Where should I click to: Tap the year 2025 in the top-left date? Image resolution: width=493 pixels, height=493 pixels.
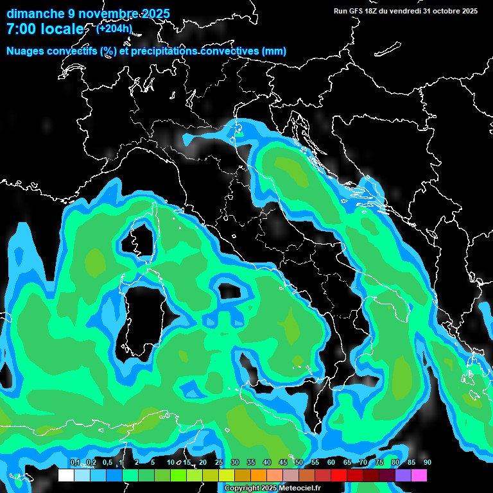[155, 13]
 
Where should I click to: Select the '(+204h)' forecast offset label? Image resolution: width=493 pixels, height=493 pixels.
[114, 28]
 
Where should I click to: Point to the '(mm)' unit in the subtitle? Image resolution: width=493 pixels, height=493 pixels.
[273, 51]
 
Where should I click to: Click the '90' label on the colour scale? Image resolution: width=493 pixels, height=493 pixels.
[427, 462]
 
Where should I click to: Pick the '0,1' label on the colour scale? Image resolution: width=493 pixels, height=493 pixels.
[74, 462]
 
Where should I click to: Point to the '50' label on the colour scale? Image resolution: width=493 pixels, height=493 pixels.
[298, 462]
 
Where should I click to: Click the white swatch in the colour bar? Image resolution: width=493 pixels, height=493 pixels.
[66, 475]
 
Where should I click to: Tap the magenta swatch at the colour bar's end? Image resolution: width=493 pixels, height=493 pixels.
[419, 475]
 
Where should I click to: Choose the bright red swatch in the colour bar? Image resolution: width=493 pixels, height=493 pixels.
[339, 475]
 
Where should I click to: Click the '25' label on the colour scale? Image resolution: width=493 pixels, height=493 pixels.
[218, 462]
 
